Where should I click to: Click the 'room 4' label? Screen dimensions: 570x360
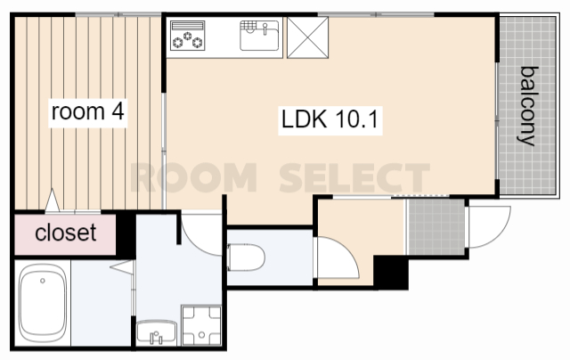[88, 111]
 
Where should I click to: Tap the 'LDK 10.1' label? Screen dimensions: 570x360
[330, 119]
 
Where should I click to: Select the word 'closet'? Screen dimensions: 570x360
[66, 233]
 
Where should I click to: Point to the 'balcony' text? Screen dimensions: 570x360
[527, 106]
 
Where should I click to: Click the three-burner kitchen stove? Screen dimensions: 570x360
[187, 36]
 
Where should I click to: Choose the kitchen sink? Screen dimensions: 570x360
[259, 36]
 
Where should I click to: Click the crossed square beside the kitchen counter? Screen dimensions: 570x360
[307, 37]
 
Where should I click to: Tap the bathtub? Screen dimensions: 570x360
[43, 303]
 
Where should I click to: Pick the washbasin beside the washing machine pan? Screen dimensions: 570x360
[157, 331]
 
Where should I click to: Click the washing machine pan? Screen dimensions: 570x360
[201, 325]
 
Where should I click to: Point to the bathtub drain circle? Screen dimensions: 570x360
[43, 281]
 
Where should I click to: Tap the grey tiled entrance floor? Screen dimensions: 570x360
[436, 227]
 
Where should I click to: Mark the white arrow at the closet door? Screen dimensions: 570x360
[53, 200]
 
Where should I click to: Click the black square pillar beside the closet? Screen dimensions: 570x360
[126, 234]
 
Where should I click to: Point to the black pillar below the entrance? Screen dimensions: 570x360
[391, 272]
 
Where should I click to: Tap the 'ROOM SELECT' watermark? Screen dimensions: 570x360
[280, 178]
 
